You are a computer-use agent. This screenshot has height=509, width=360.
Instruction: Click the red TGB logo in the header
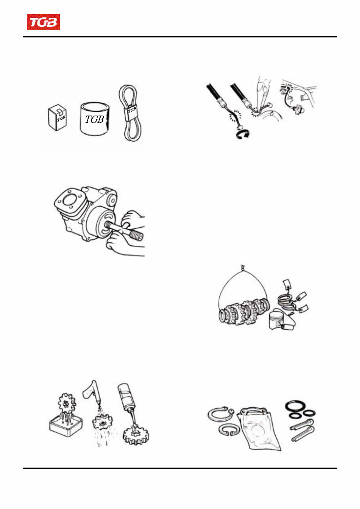43,23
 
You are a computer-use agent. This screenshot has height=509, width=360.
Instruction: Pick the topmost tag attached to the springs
286,284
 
